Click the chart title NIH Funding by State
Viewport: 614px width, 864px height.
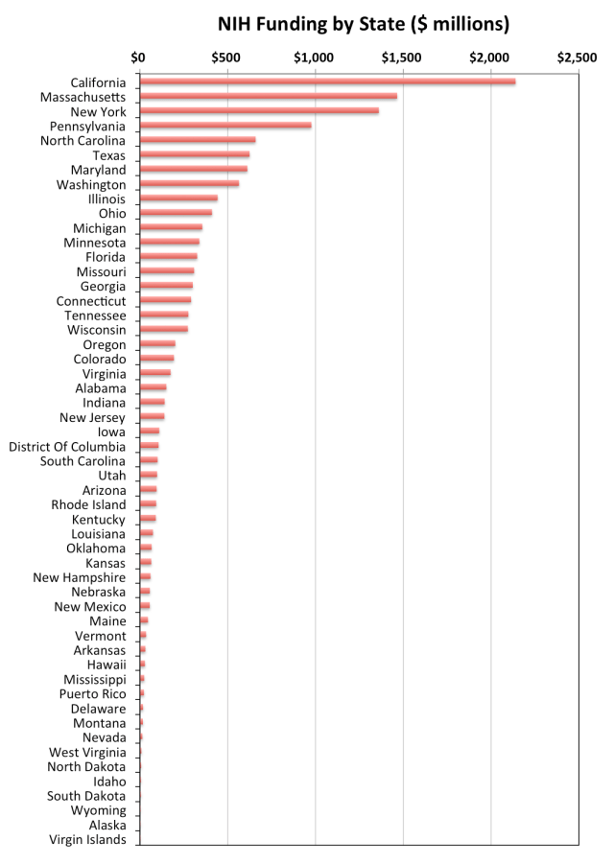pyautogui.click(x=364, y=22)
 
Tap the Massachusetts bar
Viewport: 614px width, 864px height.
pyautogui.click(x=268, y=96)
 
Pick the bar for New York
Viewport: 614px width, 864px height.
pyautogui.click(x=258, y=111)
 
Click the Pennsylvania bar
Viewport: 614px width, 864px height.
pyautogui.click(x=224, y=126)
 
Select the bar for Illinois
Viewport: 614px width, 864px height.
pyautogui.click(x=177, y=198)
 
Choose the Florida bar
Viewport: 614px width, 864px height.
pyautogui.click(x=168, y=257)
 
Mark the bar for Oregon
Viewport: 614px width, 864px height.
pyautogui.click(x=157, y=344)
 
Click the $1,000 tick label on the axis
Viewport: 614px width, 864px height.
pyautogui.click(x=315, y=58)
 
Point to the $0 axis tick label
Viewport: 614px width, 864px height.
pyautogui.click(x=139, y=58)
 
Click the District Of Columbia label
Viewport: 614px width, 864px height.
pyautogui.click(x=67, y=447)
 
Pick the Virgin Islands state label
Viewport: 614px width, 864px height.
pyautogui.click(x=87, y=840)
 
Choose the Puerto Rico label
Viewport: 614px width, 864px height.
pyautogui.click(x=92, y=694)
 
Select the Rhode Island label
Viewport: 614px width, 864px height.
pyautogui.click(x=88, y=504)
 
